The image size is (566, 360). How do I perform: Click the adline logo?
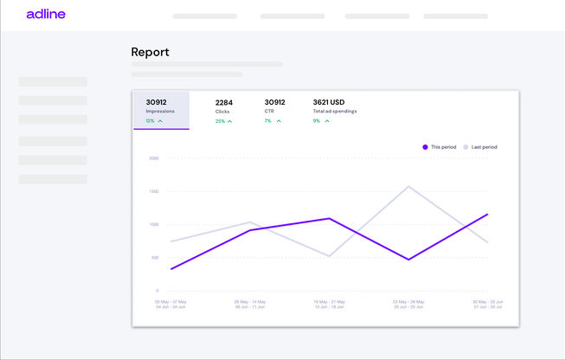click(46, 15)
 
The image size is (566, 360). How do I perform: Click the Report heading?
click(150, 52)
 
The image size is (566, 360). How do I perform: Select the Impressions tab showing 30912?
click(161, 110)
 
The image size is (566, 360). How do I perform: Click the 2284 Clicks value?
click(224, 102)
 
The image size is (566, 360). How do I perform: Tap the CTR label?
click(269, 112)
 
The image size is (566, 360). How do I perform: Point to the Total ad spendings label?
click(334, 112)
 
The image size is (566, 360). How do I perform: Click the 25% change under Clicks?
click(220, 121)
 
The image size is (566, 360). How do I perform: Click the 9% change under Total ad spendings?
click(316, 121)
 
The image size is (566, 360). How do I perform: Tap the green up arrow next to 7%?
click(279, 121)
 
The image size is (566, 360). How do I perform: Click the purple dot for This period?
click(425, 147)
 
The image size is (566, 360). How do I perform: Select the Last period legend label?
click(484, 147)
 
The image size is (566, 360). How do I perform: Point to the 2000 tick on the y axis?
click(153, 158)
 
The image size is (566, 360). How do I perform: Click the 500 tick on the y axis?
click(154, 258)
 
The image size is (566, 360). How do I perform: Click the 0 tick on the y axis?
click(157, 291)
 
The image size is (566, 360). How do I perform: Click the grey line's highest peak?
click(408, 186)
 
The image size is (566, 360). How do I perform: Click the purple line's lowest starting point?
click(171, 269)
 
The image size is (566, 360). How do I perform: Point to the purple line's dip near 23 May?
click(408, 260)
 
